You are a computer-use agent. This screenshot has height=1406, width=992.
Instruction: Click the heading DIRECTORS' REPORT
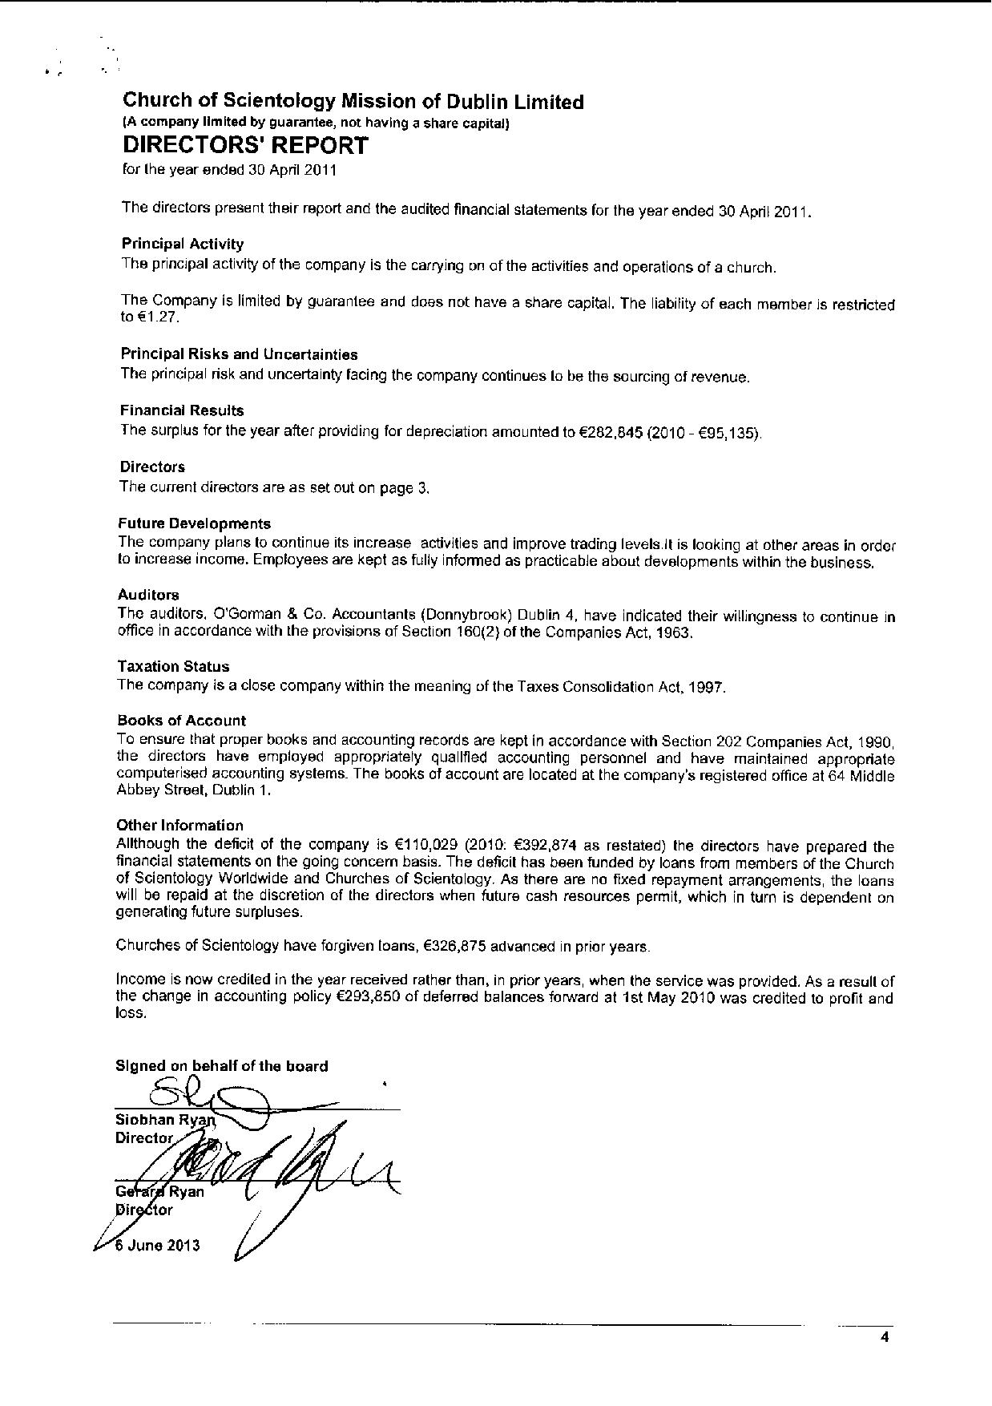(x=245, y=146)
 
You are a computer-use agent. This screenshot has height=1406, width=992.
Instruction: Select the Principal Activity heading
(x=183, y=244)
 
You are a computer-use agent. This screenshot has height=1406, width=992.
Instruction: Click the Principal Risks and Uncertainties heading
(x=239, y=354)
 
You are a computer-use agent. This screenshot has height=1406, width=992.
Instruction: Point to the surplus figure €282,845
(x=610, y=432)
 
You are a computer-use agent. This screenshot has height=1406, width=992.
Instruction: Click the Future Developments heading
(x=195, y=523)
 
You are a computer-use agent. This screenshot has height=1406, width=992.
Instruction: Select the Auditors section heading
(x=148, y=595)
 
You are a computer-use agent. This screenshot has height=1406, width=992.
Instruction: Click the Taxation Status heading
(x=173, y=666)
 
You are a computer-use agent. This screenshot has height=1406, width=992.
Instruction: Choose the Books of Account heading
(x=181, y=720)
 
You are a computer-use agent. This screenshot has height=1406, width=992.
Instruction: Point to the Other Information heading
(x=179, y=825)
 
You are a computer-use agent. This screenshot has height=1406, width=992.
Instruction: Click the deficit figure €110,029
(x=426, y=845)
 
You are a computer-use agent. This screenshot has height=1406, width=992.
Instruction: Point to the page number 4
(x=885, y=1336)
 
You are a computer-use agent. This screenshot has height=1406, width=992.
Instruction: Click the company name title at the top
(x=353, y=102)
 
